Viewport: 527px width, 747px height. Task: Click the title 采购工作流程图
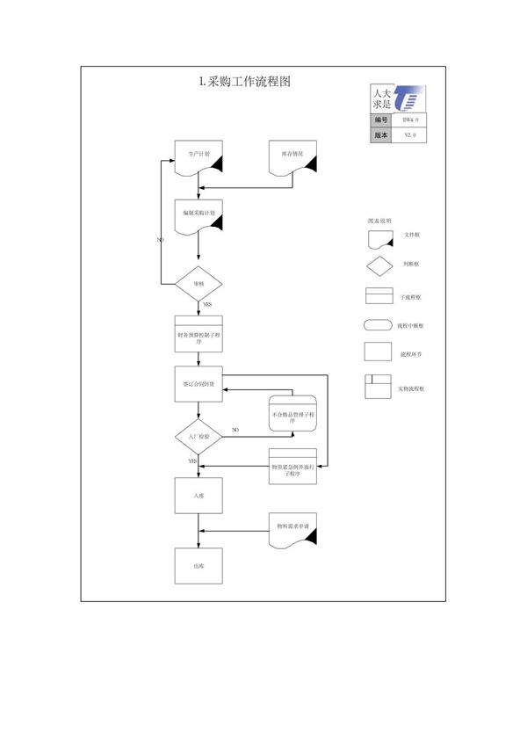pyautogui.click(x=245, y=82)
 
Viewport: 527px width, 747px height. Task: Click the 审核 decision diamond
pyautogui.click(x=199, y=284)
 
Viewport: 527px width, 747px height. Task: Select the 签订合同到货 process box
pyautogui.click(x=199, y=383)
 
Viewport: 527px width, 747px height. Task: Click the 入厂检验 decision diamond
pyautogui.click(x=199, y=436)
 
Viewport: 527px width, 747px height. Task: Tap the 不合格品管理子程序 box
pyautogui.click(x=292, y=414)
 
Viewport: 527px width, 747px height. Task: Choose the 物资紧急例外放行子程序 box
pyautogui.click(x=292, y=468)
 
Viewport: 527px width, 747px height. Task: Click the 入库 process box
pyautogui.click(x=199, y=497)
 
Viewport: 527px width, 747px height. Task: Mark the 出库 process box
pyautogui.click(x=199, y=566)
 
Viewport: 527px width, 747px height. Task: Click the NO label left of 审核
pyautogui.click(x=160, y=240)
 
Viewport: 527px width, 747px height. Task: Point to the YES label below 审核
pyautogui.click(x=206, y=304)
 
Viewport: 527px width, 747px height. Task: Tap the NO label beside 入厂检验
pyautogui.click(x=235, y=430)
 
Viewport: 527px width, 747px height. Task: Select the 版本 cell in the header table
pyautogui.click(x=381, y=135)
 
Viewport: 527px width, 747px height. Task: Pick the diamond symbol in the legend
pyautogui.click(x=379, y=265)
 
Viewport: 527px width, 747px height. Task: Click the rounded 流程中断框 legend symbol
pyautogui.click(x=378, y=325)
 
